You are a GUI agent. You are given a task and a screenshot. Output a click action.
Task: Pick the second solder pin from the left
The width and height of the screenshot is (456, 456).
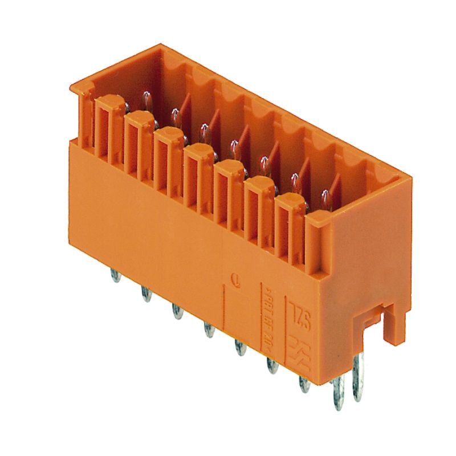coord(146,294)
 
